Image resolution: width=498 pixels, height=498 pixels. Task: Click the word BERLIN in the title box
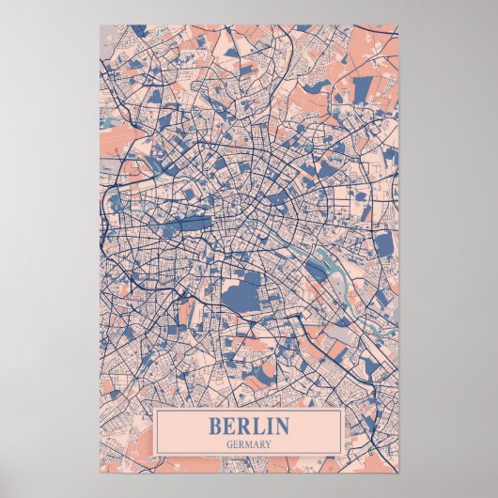(x=249, y=426)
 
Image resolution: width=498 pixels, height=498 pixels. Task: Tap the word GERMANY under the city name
(x=249, y=444)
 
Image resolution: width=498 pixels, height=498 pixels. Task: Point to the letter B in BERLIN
(x=215, y=426)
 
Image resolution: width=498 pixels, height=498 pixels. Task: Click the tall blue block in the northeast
(x=363, y=89)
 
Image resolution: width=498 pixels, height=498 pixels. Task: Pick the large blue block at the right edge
(x=383, y=244)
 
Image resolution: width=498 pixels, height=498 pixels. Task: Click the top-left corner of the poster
(x=100, y=25)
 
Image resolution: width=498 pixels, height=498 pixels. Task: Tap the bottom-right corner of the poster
(x=398, y=472)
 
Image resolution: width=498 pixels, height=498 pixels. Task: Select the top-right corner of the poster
(x=398, y=25)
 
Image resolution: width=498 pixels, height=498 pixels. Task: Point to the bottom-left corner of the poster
(x=100, y=472)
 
